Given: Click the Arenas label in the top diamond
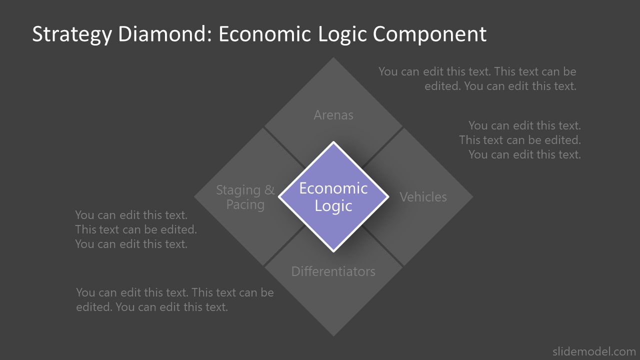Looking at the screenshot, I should coord(333,115).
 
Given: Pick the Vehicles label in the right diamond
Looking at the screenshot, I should coord(423,197).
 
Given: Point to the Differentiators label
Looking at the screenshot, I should coord(333,271).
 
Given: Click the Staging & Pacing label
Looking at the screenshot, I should coord(245,197).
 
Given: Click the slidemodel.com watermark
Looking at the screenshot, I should coord(594,351).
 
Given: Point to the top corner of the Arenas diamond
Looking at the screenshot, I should coord(333,59).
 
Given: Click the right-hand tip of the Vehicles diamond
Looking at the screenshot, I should coord(471,196).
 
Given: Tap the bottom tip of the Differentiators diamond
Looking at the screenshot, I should coord(333,334).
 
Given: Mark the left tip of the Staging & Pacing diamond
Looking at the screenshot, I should coord(195,196).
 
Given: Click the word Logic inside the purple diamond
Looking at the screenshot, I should coord(333,205).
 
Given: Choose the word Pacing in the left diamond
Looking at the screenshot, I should coord(245,204).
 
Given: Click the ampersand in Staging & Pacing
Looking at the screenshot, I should coord(269,190).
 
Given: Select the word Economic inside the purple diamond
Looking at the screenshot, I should coord(333,188).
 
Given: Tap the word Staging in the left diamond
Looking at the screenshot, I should coord(238,190).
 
